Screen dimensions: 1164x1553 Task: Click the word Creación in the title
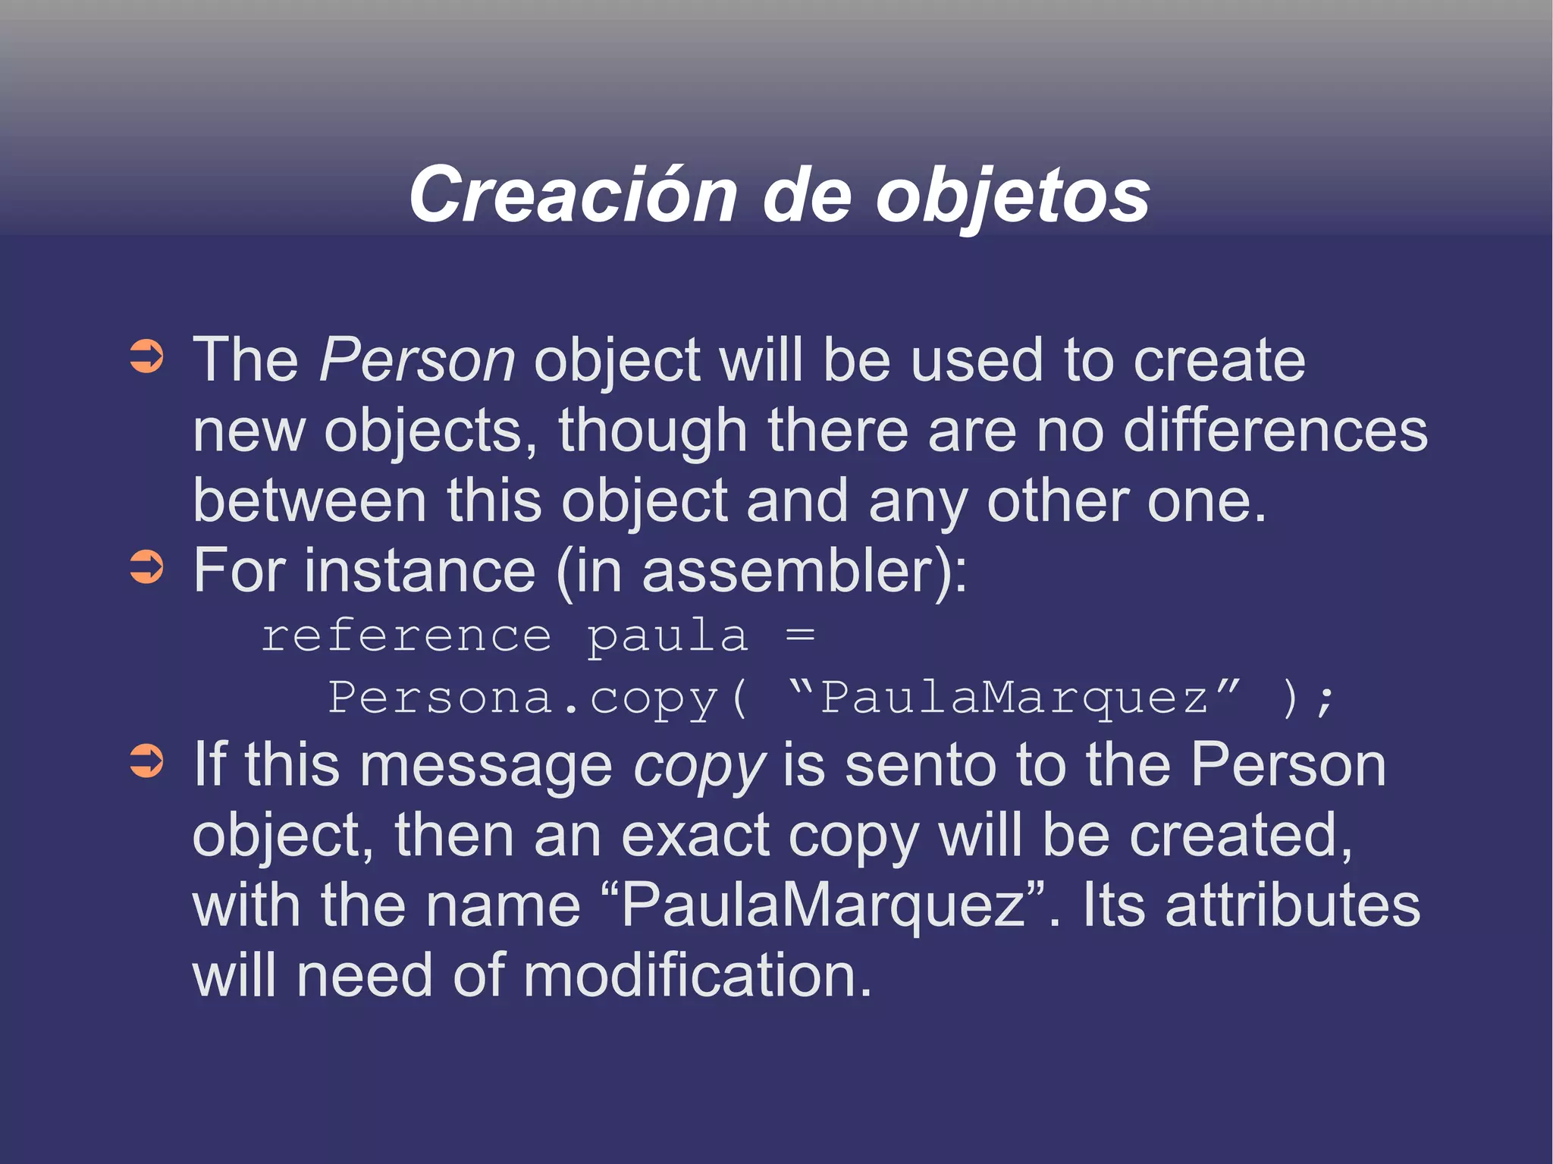click(x=573, y=196)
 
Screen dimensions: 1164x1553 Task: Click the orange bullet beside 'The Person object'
click(x=146, y=357)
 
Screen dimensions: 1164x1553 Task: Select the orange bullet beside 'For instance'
click(x=146, y=567)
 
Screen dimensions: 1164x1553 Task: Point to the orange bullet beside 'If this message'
click(x=146, y=761)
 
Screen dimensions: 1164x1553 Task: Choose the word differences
click(x=1275, y=430)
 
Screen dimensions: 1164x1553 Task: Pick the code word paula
click(x=667, y=637)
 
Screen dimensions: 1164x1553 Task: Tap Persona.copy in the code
click(x=523, y=698)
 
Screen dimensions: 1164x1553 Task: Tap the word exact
click(x=695, y=836)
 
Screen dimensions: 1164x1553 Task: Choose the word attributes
click(x=1292, y=905)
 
